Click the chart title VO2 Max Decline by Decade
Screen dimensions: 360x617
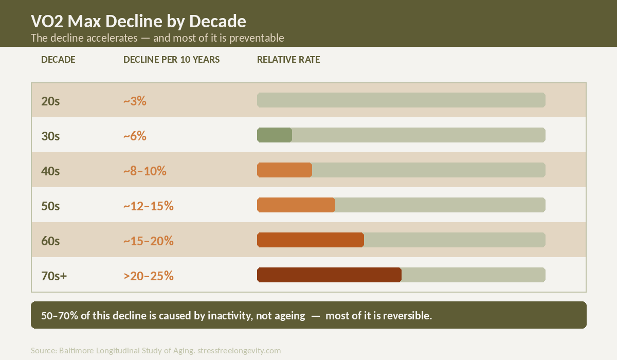(138, 22)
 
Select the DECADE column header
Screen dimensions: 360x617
(58, 60)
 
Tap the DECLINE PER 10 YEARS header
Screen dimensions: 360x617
(171, 60)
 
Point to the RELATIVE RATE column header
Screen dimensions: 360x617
(288, 60)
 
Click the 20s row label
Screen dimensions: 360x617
(50, 101)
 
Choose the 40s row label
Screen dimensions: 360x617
(50, 171)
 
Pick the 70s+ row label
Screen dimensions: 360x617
(54, 276)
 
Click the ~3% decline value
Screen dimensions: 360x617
(135, 101)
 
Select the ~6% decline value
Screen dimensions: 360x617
(135, 136)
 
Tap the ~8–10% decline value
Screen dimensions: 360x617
(144, 171)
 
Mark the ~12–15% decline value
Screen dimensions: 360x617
(148, 206)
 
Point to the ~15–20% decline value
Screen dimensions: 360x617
(148, 241)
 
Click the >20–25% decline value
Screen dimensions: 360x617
(148, 276)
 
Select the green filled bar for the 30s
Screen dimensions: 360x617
(275, 135)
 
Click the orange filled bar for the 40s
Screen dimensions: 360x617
(284, 170)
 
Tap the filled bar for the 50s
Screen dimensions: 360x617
(296, 205)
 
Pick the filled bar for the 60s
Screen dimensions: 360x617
(311, 240)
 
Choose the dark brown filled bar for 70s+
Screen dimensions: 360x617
(329, 275)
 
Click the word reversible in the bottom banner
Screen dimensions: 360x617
(406, 315)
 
